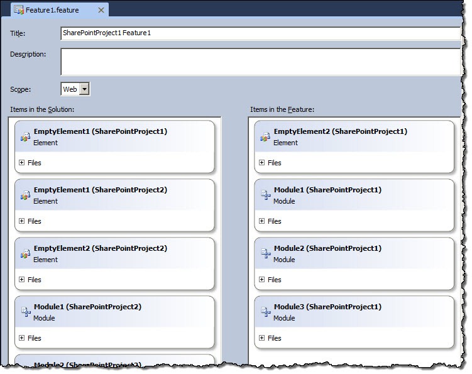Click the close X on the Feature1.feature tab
pyautogui.click(x=101, y=10)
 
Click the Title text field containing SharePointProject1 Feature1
pyautogui.click(x=260, y=33)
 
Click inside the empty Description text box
pyautogui.click(x=260, y=62)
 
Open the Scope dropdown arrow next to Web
pyautogui.click(x=85, y=89)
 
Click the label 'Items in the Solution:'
pyautogui.click(x=42, y=109)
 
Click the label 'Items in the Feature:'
pyautogui.click(x=282, y=109)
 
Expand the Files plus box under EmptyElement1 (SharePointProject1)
pyautogui.click(x=21, y=163)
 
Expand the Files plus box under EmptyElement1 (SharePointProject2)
pyautogui.click(x=21, y=221)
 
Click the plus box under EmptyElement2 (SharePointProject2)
pyautogui.click(x=21, y=280)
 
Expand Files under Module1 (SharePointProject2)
pyautogui.click(x=21, y=338)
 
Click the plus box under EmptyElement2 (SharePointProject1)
pyautogui.click(x=262, y=163)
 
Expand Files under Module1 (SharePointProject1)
pyautogui.click(x=262, y=221)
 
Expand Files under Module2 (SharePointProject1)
pyautogui.click(x=262, y=280)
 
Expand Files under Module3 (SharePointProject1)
pyautogui.click(x=262, y=338)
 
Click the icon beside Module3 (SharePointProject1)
pyautogui.click(x=265, y=312)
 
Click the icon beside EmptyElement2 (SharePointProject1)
pyautogui.click(x=265, y=137)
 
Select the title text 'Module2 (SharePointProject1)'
pyautogui.click(x=327, y=248)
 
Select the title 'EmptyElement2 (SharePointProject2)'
pyautogui.click(x=100, y=248)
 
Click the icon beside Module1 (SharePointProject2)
pyautogui.click(x=26, y=312)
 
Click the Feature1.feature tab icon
pyautogui.click(x=19, y=10)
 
